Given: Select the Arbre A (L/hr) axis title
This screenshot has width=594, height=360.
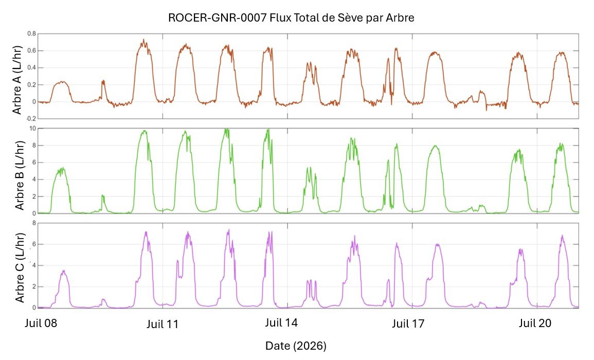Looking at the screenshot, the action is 17,80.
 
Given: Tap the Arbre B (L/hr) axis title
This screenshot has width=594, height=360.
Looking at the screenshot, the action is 19,175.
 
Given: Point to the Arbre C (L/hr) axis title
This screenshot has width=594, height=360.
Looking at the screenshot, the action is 20,267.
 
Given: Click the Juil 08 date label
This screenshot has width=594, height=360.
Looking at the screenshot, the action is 41,323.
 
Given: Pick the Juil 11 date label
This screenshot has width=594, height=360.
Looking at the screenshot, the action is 163,324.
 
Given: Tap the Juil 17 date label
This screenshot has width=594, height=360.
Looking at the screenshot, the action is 408,323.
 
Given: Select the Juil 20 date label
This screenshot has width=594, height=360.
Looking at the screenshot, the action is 535,323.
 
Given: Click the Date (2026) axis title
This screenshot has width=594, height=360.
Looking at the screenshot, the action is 296,346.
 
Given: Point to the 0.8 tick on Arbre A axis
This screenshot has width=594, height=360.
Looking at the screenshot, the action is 31,34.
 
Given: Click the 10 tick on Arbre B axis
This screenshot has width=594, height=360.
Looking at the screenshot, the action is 32,129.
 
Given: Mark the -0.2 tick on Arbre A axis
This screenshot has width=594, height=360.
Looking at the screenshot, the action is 31,119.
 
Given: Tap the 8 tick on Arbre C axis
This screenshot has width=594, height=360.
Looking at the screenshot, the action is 34,223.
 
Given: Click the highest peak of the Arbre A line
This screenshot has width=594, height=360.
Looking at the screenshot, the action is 143,39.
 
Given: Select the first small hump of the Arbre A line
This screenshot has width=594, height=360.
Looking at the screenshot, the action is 61,82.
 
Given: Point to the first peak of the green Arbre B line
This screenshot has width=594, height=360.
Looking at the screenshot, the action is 61,168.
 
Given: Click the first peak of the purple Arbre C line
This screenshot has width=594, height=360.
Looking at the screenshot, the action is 63,271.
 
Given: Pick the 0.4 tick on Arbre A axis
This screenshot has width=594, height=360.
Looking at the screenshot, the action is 31,68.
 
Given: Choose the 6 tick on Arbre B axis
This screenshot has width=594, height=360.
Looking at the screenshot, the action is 34,163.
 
